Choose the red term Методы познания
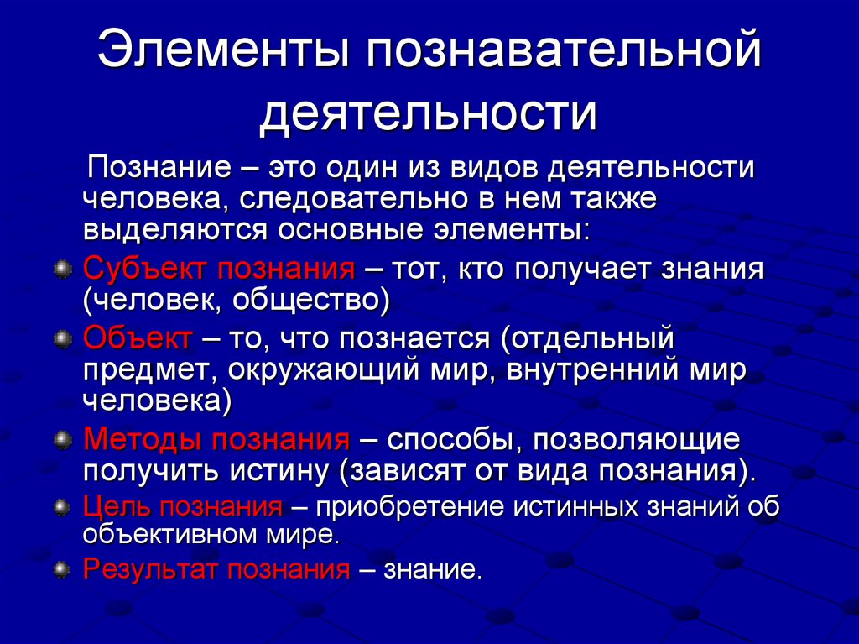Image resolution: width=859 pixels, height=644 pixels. tap(216, 440)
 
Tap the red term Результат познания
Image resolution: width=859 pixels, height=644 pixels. tap(216, 570)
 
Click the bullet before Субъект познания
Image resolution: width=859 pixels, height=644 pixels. tap(61, 270)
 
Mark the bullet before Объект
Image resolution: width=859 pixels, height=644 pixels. tap(61, 339)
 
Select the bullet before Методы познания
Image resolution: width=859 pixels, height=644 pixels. tap(61, 440)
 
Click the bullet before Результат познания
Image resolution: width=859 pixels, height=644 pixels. tap(61, 571)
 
